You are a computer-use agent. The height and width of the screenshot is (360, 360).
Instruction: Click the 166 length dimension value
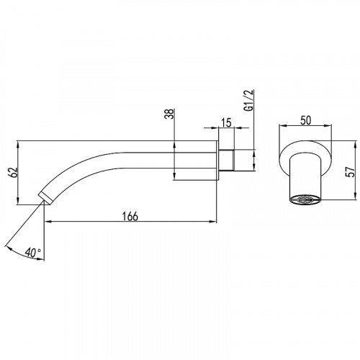tap(130, 216)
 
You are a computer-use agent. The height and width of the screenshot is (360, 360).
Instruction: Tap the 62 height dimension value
tap(14, 172)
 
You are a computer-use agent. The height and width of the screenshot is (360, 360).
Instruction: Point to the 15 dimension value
tap(226, 123)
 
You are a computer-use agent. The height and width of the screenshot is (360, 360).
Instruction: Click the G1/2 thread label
tap(249, 100)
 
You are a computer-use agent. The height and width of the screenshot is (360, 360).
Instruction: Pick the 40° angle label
tap(33, 253)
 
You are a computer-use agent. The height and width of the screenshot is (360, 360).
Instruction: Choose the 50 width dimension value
tap(305, 120)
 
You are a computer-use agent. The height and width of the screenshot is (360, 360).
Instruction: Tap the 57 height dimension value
tap(351, 171)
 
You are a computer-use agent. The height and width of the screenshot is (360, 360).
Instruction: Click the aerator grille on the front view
tap(305, 199)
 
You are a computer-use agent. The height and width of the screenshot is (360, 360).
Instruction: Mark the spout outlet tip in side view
tap(45, 198)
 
